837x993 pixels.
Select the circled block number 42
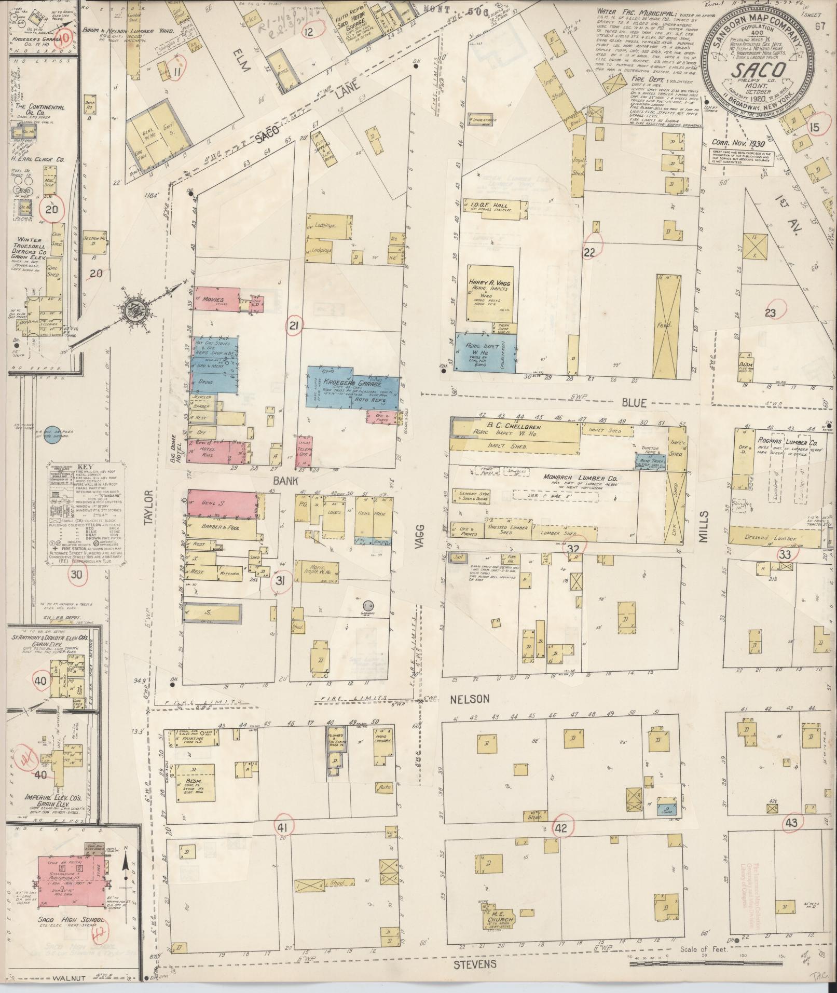[561, 827]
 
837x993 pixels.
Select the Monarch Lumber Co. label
[558, 478]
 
